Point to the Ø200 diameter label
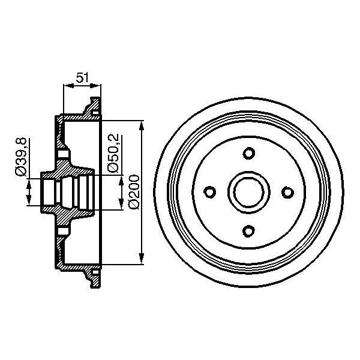point(133,191)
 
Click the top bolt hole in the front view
point(248,154)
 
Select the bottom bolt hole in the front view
point(248,230)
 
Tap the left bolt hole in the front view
point(210,192)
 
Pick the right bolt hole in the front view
point(287,192)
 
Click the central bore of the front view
point(248,192)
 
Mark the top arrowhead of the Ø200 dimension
point(142,125)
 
